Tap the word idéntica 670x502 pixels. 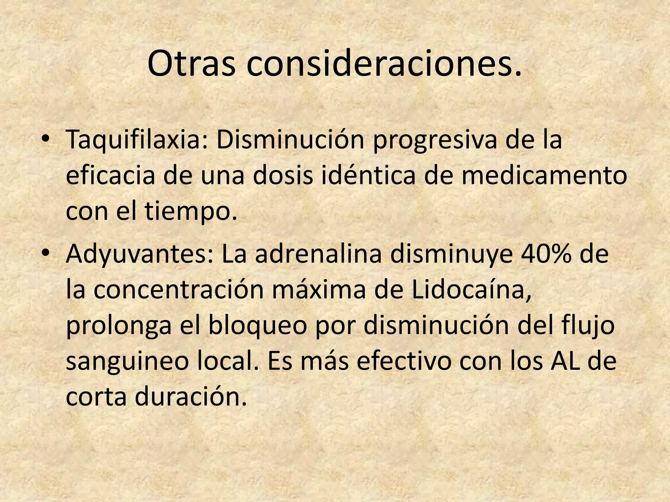pos(369,175)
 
